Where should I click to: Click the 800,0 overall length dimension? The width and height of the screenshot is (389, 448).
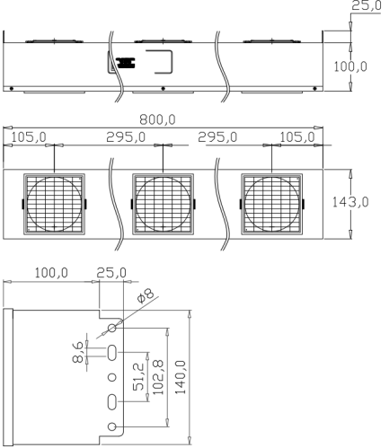pos(157,119)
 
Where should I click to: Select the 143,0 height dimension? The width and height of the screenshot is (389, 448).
pos(350,203)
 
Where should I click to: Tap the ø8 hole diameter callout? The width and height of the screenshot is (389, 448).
pos(146,295)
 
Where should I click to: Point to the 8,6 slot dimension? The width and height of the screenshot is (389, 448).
pos(78,353)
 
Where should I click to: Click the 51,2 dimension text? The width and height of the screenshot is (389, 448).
pos(138,376)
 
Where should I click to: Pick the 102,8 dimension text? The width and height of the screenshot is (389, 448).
pos(158,377)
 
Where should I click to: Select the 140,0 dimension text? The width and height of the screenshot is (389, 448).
pos(181,377)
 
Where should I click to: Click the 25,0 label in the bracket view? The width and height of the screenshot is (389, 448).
pos(111,273)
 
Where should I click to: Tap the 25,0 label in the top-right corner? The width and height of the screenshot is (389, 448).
pos(367,5)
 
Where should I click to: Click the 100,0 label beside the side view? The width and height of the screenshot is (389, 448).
pos(350,66)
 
